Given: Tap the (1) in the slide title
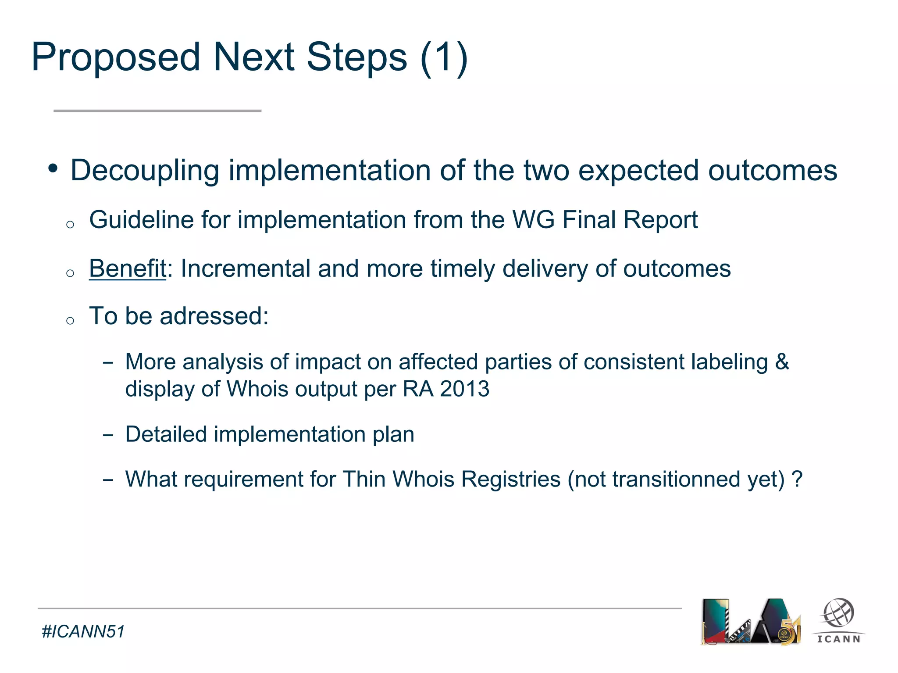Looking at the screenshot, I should point(444,57).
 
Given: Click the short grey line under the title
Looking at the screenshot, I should point(157,111).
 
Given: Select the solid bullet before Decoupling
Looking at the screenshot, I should point(53,168).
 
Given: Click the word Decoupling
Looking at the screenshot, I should point(145,171).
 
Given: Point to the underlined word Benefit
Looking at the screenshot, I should point(128,268).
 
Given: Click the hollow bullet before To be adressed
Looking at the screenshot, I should point(70,321).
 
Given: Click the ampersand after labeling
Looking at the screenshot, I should point(782,362).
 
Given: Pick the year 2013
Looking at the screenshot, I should point(464,389).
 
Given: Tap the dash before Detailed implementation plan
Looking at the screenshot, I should point(108,435).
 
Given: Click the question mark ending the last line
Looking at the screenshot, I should point(797,479).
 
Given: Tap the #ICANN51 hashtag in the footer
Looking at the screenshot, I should point(83,632).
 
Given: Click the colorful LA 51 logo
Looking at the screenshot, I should point(751,622).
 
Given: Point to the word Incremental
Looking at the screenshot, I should point(246,268).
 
